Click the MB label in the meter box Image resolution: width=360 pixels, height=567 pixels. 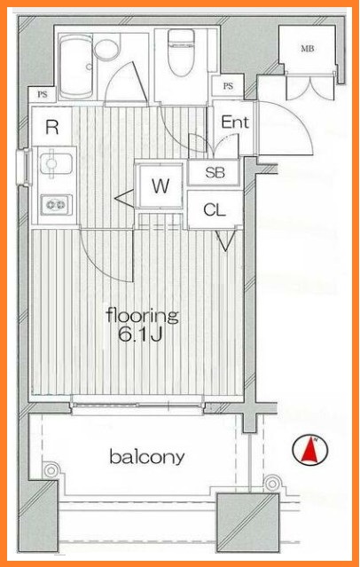pyautogui.click(x=307, y=48)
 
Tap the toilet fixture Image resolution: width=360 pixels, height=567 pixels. pyautogui.click(x=182, y=52)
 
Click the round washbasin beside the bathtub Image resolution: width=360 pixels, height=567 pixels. pyautogui.click(x=106, y=49)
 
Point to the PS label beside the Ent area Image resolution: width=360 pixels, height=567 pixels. pyautogui.click(x=228, y=86)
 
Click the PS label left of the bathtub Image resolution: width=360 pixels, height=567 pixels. pyautogui.click(x=43, y=95)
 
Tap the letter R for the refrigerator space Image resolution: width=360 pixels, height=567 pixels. pyautogui.click(x=52, y=127)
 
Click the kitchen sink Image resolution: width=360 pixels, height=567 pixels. pyautogui.click(x=56, y=163)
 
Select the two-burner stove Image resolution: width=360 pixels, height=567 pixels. pyautogui.click(x=56, y=205)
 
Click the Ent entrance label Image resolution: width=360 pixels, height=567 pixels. pyautogui.click(x=235, y=122)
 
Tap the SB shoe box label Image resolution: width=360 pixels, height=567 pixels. pyautogui.click(x=215, y=173)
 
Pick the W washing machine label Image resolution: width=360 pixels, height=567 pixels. pyautogui.click(x=160, y=185)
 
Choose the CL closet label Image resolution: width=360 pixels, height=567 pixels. pyautogui.click(x=215, y=209)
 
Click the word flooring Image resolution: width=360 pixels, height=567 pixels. pyautogui.click(x=143, y=316)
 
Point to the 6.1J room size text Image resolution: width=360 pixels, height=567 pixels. pyautogui.click(x=139, y=335)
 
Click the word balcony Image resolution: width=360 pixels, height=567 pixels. pyautogui.click(x=147, y=457)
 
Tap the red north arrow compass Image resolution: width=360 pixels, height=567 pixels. pyautogui.click(x=310, y=450)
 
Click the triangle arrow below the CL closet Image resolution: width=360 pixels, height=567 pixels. pyautogui.click(x=226, y=240)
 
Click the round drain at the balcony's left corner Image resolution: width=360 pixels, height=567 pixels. pyautogui.click(x=51, y=470)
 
